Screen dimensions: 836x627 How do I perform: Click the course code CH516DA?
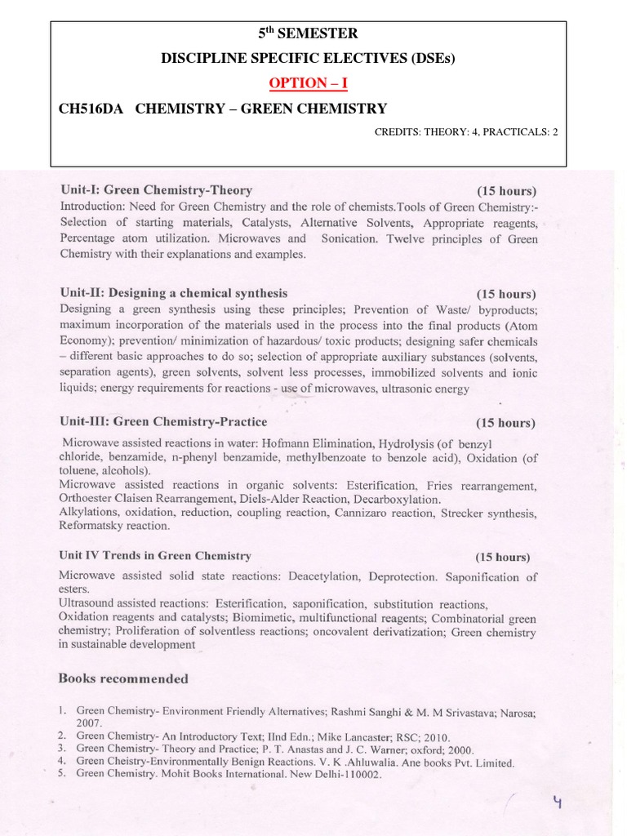pyautogui.click(x=91, y=109)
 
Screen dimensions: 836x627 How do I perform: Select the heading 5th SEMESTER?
pyautogui.click(x=308, y=33)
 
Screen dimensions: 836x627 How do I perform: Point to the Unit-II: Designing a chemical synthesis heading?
pyautogui.click(x=173, y=292)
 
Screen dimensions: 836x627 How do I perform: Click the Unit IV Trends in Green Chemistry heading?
pyautogui.click(x=155, y=555)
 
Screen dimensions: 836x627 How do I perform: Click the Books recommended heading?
pyautogui.click(x=124, y=678)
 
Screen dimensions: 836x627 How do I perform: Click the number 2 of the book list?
pyautogui.click(x=63, y=736)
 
